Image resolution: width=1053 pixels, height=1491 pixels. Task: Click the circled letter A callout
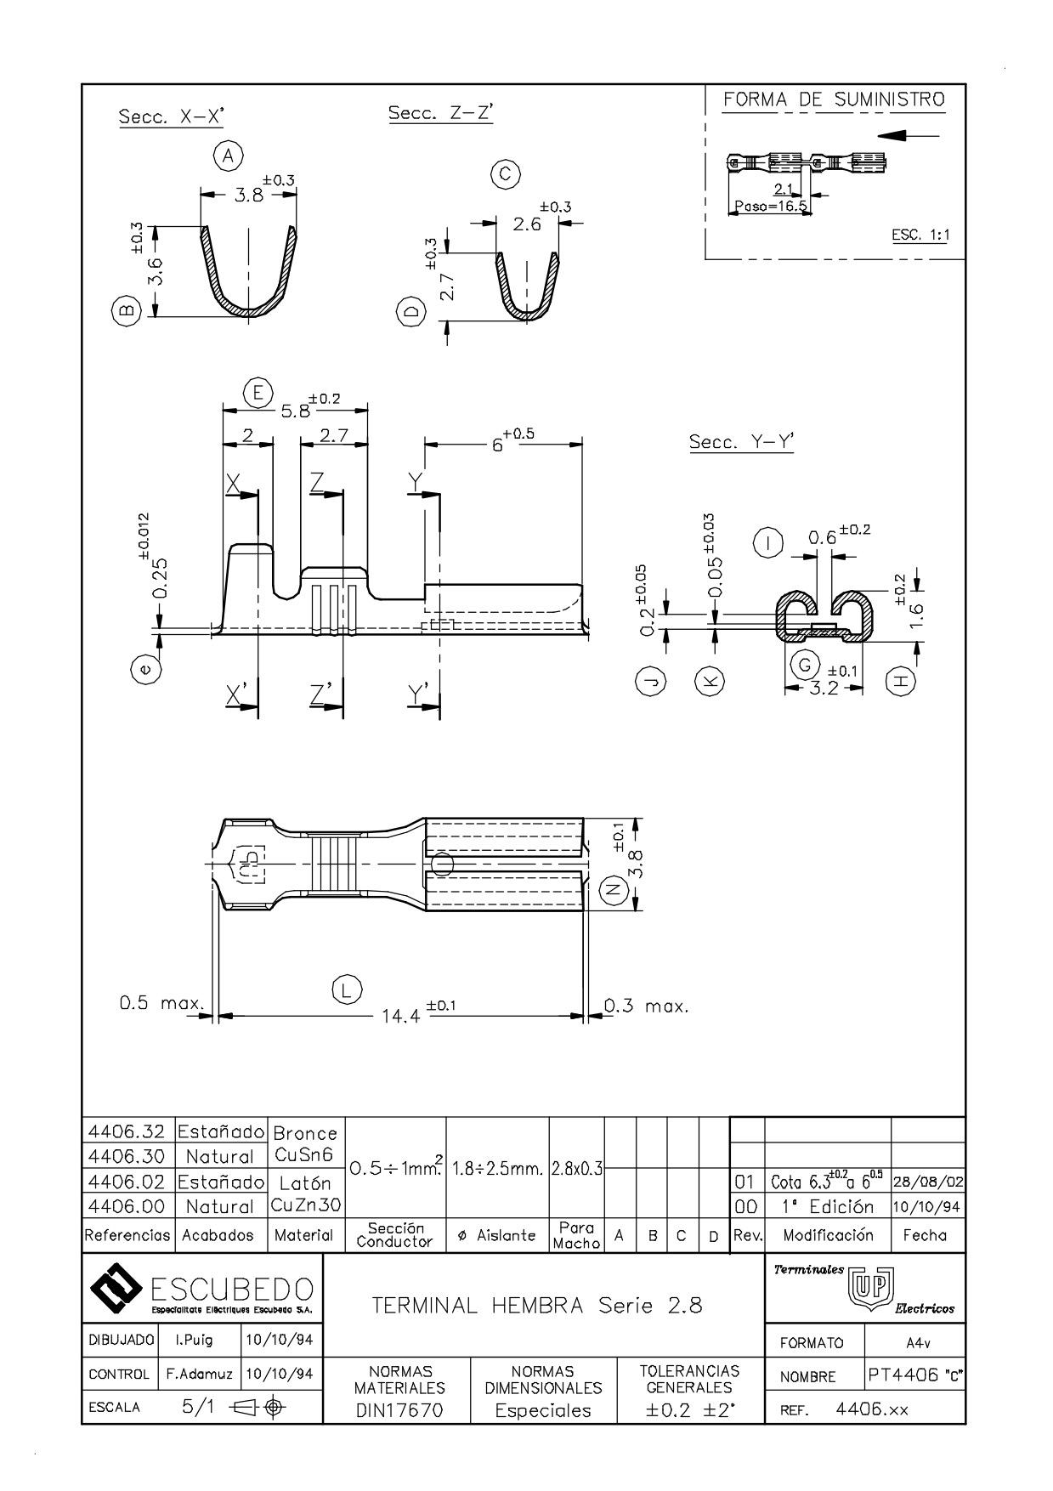click(x=227, y=156)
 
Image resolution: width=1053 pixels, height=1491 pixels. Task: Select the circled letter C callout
click(x=505, y=174)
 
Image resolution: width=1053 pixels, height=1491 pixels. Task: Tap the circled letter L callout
click(x=345, y=989)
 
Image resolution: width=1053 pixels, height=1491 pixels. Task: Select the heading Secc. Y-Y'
click(x=741, y=442)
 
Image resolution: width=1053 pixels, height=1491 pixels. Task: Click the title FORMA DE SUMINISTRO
click(x=834, y=100)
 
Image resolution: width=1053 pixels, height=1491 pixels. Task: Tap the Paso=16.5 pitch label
click(x=770, y=206)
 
